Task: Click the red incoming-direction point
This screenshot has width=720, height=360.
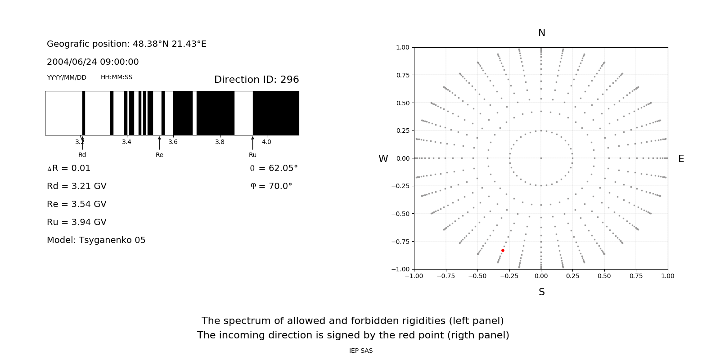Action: pos(503,250)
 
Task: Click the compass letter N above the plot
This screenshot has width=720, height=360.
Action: pos(542,33)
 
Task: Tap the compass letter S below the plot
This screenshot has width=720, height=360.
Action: pos(542,292)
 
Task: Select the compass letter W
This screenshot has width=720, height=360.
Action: pos(383,159)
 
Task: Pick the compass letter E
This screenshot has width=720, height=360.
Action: pos(681,159)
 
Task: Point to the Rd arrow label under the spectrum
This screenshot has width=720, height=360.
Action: pos(82,155)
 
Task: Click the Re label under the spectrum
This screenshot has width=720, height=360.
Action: pos(159,155)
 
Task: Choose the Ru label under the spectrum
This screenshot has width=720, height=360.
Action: pos(252,155)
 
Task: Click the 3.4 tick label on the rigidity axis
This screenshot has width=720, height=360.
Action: pos(126,142)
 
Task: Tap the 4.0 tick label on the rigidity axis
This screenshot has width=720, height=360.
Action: pos(266,142)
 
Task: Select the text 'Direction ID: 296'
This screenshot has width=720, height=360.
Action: pos(256,80)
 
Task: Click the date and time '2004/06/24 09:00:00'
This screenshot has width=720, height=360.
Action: pos(93,62)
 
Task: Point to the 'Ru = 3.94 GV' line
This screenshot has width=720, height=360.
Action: pos(76,222)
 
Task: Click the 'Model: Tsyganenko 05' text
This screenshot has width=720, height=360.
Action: pos(96,240)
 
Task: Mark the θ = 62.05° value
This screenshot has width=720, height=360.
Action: pos(274,168)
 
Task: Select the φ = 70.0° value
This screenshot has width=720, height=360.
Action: pos(271,186)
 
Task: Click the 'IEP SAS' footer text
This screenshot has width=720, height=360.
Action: pos(361,351)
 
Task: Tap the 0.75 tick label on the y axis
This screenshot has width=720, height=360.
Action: pos(402,75)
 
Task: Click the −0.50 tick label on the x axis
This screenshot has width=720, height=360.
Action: pos(477,276)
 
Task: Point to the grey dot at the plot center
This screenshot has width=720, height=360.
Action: pos(541,158)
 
